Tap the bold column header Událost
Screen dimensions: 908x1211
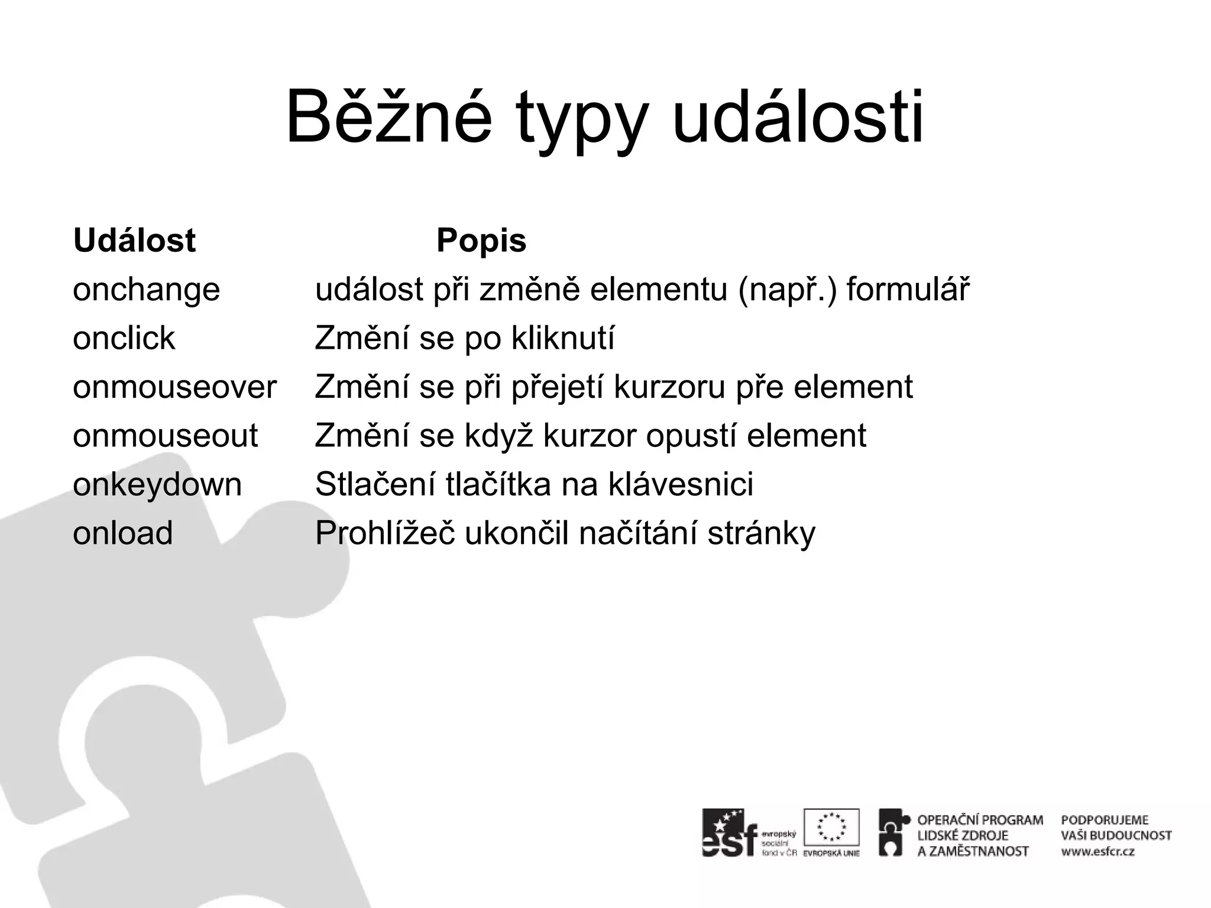click(x=134, y=241)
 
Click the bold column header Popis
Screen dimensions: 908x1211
click(x=481, y=241)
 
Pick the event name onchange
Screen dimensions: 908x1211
click(x=146, y=290)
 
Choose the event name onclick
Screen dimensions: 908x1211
click(x=124, y=339)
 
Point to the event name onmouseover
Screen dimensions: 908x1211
click(x=174, y=387)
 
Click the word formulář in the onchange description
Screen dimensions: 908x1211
click(x=908, y=290)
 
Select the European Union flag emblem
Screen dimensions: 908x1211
click(x=831, y=827)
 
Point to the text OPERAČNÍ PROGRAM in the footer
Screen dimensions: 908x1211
click(x=980, y=820)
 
